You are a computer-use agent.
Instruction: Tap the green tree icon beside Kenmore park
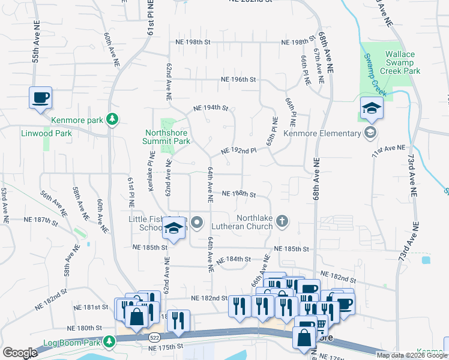pyautogui.click(x=112, y=120)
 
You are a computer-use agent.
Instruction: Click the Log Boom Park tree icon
pyautogui.click(x=109, y=342)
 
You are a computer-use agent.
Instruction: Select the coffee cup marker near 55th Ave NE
pyautogui.click(x=40, y=98)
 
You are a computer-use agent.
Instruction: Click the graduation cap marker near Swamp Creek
pyautogui.click(x=372, y=109)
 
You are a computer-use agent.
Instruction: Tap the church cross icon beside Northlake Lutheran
pyautogui.click(x=282, y=223)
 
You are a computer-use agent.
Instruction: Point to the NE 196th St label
pyautogui.click(x=238, y=80)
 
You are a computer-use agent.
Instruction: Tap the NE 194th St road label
pyautogui.click(x=211, y=109)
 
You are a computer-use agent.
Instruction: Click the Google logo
pyautogui.click(x=20, y=353)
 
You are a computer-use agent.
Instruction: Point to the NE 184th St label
pyautogui.click(x=232, y=259)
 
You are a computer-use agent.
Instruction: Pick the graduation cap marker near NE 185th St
pyautogui.click(x=174, y=229)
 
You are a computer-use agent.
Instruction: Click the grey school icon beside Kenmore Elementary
pyautogui.click(x=372, y=132)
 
